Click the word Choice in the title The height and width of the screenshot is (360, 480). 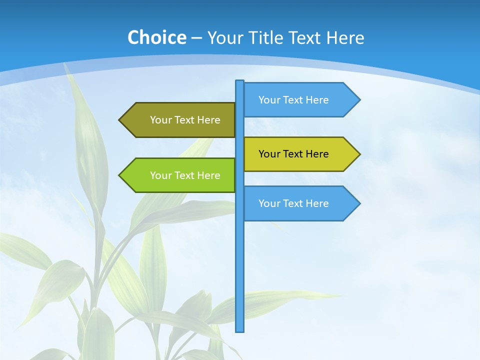click(156, 37)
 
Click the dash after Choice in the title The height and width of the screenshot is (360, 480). click(196, 38)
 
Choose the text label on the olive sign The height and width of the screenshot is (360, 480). click(185, 120)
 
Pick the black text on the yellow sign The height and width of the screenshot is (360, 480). click(293, 154)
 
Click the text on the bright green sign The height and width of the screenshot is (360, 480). click(185, 175)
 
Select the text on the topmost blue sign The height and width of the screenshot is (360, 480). click(293, 100)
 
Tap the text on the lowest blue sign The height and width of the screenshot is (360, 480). click(293, 203)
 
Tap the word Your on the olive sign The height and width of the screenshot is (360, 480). click(160, 120)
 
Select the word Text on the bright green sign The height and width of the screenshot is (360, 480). click(184, 175)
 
